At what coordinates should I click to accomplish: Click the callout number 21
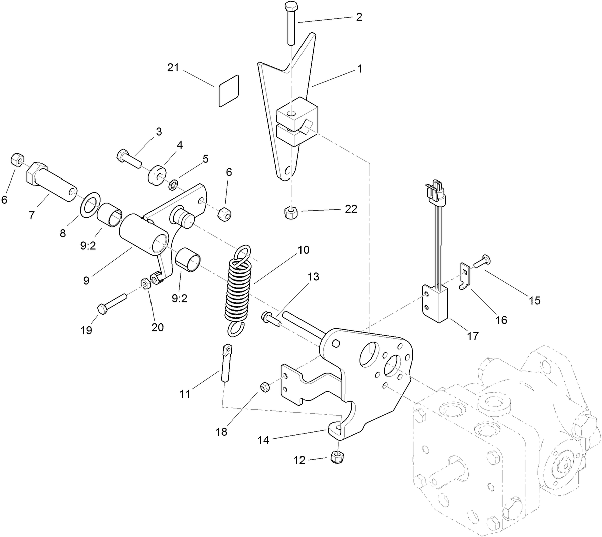pyautogui.click(x=174, y=68)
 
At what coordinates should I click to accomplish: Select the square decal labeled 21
pyautogui.click(x=229, y=91)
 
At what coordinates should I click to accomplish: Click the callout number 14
pyautogui.click(x=264, y=440)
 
